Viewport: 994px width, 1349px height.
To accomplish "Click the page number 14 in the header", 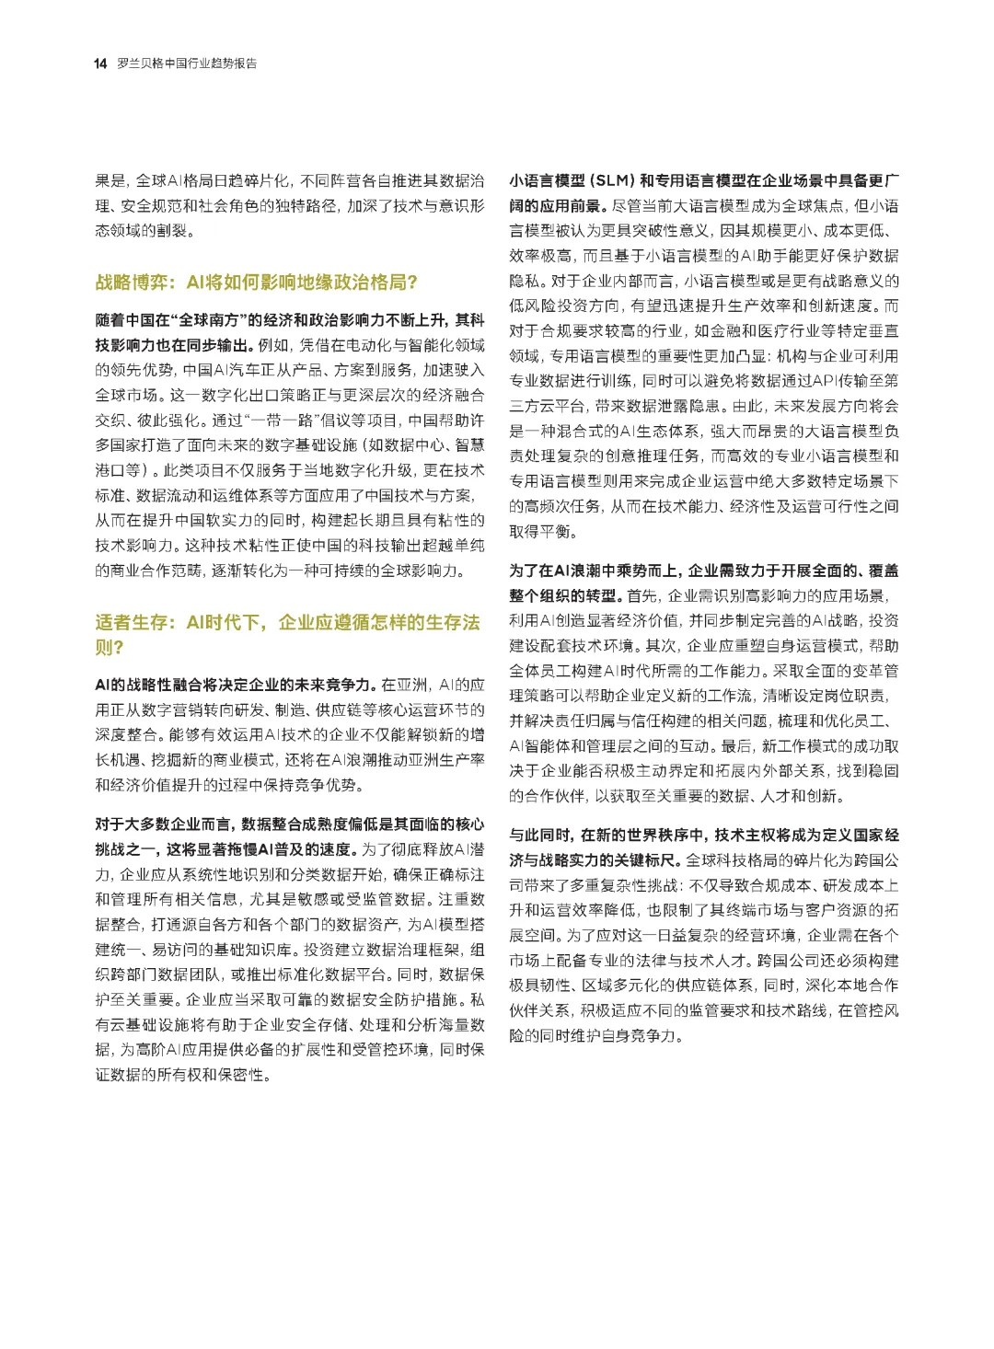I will [100, 63].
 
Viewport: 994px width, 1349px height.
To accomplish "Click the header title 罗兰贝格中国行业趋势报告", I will [187, 63].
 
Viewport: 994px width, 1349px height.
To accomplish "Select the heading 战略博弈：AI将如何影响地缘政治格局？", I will [257, 282].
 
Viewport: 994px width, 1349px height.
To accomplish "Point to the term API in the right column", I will [823, 380].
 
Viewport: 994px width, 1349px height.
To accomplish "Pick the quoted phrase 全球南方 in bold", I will [214, 320].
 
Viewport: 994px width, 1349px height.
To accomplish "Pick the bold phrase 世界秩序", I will [669, 835].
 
